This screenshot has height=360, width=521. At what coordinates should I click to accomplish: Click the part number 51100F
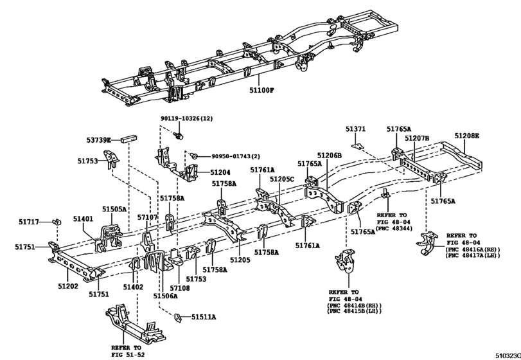point(262,90)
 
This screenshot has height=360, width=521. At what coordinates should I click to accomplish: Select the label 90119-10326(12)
point(187,118)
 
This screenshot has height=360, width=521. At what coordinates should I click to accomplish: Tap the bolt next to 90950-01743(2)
point(193,155)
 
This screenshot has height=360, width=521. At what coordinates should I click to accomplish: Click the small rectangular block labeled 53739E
point(129,139)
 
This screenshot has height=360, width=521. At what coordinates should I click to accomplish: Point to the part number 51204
point(220,172)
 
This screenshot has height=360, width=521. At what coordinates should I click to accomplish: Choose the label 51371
point(355,129)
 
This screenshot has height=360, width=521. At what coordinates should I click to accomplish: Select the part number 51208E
point(467,136)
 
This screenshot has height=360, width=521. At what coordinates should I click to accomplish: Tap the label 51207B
point(417,138)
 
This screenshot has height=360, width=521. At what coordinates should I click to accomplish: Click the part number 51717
point(28,222)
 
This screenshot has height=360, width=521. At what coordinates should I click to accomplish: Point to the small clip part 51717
point(57,221)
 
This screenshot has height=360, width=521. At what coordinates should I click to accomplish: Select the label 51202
point(68,286)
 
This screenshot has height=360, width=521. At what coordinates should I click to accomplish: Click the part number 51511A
point(204,317)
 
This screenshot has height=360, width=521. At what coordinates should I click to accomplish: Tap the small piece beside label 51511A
point(178,318)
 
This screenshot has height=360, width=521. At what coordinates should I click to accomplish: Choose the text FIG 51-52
point(128,355)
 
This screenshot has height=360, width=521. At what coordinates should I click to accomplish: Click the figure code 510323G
point(508,355)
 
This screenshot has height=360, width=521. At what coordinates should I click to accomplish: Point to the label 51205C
point(282,179)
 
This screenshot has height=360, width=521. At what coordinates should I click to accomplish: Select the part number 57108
point(179,288)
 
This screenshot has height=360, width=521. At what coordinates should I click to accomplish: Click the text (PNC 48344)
point(394,228)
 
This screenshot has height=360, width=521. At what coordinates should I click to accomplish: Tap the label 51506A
point(165,296)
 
